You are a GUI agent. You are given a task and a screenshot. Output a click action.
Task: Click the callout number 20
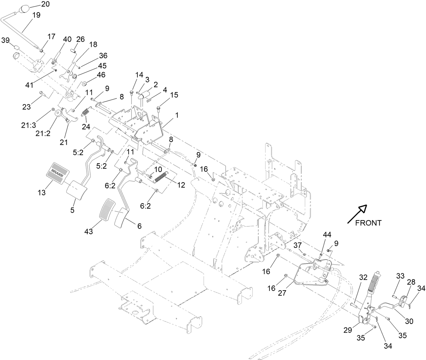click(x=45, y=4)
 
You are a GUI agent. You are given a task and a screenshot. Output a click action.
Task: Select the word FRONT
click(x=368, y=223)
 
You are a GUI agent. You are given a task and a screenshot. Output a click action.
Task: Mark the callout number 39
click(x=5, y=40)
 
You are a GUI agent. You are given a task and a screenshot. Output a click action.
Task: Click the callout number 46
click(x=101, y=75)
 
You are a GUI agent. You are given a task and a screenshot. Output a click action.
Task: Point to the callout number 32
click(x=363, y=277)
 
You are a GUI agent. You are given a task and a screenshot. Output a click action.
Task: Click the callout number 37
click(x=297, y=245)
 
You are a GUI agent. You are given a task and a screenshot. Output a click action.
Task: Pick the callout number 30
click(x=409, y=321)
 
